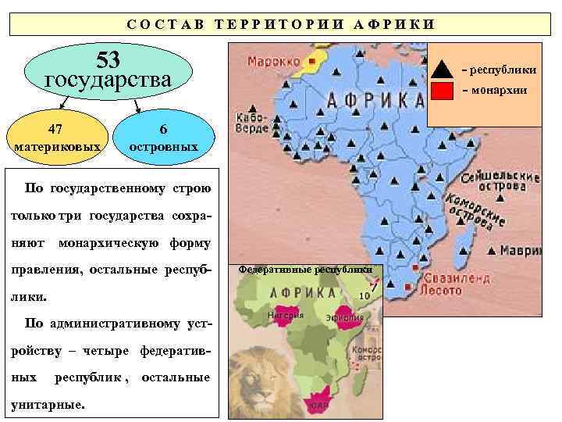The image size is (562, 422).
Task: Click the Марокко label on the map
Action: (273, 61)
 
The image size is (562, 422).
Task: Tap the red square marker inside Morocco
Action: (311, 60)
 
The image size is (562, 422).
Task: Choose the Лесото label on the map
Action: (446, 290)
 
